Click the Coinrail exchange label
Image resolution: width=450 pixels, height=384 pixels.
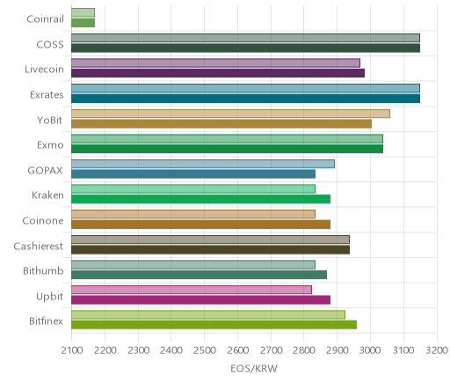[x=45, y=19]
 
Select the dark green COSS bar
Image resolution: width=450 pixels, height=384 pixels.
[x=245, y=48]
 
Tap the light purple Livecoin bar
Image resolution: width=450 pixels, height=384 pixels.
[x=215, y=63]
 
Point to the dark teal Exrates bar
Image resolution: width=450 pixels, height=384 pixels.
[x=245, y=99]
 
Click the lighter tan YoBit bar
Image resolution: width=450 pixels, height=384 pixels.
[x=230, y=114]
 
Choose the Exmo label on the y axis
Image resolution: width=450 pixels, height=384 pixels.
[x=50, y=145]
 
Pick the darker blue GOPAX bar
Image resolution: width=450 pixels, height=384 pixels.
[x=193, y=174]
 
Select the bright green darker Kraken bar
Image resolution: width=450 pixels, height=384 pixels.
[x=200, y=199]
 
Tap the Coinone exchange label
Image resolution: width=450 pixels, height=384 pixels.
[x=43, y=221]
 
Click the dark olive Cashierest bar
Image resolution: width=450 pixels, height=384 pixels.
[x=210, y=250]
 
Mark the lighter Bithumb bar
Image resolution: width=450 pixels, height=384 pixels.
[x=193, y=265]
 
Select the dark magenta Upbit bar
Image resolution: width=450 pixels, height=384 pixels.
[x=200, y=300]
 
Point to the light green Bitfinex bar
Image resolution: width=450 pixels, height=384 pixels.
[x=208, y=315]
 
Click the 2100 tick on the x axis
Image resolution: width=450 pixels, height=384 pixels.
[x=72, y=351]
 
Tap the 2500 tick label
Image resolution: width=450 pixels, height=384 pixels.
[x=205, y=351]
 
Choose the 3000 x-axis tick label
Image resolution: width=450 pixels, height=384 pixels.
[x=370, y=351]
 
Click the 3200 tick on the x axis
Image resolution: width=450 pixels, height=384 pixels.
[x=437, y=351]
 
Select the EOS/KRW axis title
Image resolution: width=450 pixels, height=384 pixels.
[x=254, y=368]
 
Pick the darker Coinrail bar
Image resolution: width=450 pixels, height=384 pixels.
[x=83, y=23]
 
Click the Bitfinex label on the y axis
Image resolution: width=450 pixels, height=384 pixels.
[x=46, y=321]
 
